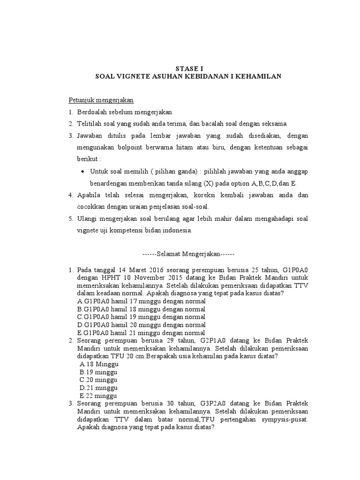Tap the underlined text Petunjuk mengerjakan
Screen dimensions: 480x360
(102, 100)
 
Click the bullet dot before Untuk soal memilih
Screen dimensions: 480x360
(82, 172)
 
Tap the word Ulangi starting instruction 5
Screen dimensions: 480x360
(88, 219)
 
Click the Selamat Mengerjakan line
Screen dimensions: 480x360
(188, 254)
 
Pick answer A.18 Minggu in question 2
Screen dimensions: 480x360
(99, 364)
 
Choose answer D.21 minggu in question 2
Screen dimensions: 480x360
(99, 388)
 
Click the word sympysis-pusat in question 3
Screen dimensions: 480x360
(285, 420)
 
